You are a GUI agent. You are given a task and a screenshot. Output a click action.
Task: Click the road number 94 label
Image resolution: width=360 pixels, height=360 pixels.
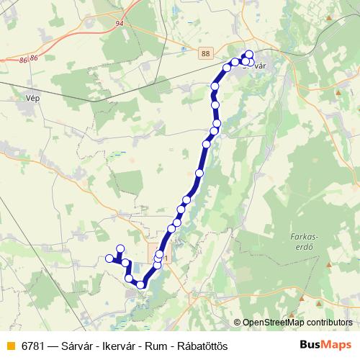click(x=119, y=23)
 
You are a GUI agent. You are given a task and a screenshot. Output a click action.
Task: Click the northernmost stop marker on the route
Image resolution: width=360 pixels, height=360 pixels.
click(x=249, y=55)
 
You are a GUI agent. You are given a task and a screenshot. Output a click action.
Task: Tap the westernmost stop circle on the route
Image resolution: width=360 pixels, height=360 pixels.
click(x=109, y=258)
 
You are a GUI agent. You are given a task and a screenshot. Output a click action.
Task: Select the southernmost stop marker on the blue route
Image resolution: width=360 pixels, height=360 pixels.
click(x=141, y=285)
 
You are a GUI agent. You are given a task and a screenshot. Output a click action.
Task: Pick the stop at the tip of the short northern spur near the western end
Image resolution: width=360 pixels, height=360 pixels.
click(x=120, y=248)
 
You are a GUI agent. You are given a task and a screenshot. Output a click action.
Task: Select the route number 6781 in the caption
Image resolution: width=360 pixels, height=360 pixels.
click(x=34, y=346)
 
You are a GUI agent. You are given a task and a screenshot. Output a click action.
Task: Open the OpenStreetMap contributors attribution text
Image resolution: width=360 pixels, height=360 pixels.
click(x=293, y=323)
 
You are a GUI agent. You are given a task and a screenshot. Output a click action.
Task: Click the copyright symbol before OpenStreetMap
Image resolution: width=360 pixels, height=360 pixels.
click(x=238, y=323)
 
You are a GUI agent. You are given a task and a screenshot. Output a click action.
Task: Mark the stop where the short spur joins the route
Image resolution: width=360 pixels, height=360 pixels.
click(x=124, y=263)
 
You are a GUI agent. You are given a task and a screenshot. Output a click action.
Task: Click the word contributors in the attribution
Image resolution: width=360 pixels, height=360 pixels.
click(x=328, y=323)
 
